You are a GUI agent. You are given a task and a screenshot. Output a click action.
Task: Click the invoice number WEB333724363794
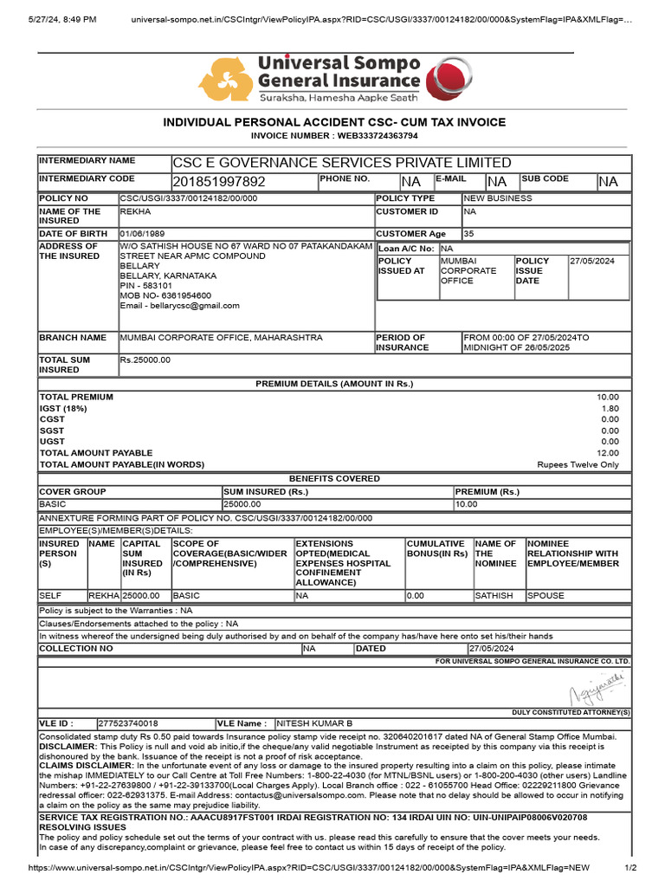pos(373,136)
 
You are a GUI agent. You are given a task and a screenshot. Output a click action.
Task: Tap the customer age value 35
pos(469,234)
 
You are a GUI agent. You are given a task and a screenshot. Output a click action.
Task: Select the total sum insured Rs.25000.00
pos(145,359)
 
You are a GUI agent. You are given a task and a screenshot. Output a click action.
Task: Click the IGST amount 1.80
pos(610,408)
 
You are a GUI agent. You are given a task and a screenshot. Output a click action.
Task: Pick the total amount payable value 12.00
pos(608,453)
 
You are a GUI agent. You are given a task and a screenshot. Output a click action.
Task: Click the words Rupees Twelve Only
pos(578,464)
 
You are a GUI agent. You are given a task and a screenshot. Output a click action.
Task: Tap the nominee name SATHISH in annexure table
pos(494,596)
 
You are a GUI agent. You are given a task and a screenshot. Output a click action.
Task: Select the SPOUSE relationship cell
pos(546,596)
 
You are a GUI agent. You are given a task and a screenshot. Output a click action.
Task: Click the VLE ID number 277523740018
pos(128,722)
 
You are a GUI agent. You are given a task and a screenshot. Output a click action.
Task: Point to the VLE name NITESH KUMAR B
pos(314,722)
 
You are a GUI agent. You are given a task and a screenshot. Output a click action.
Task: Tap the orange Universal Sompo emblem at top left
pos(227,80)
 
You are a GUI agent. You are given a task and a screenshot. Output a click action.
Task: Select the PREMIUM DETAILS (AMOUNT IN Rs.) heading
pos(334,384)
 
